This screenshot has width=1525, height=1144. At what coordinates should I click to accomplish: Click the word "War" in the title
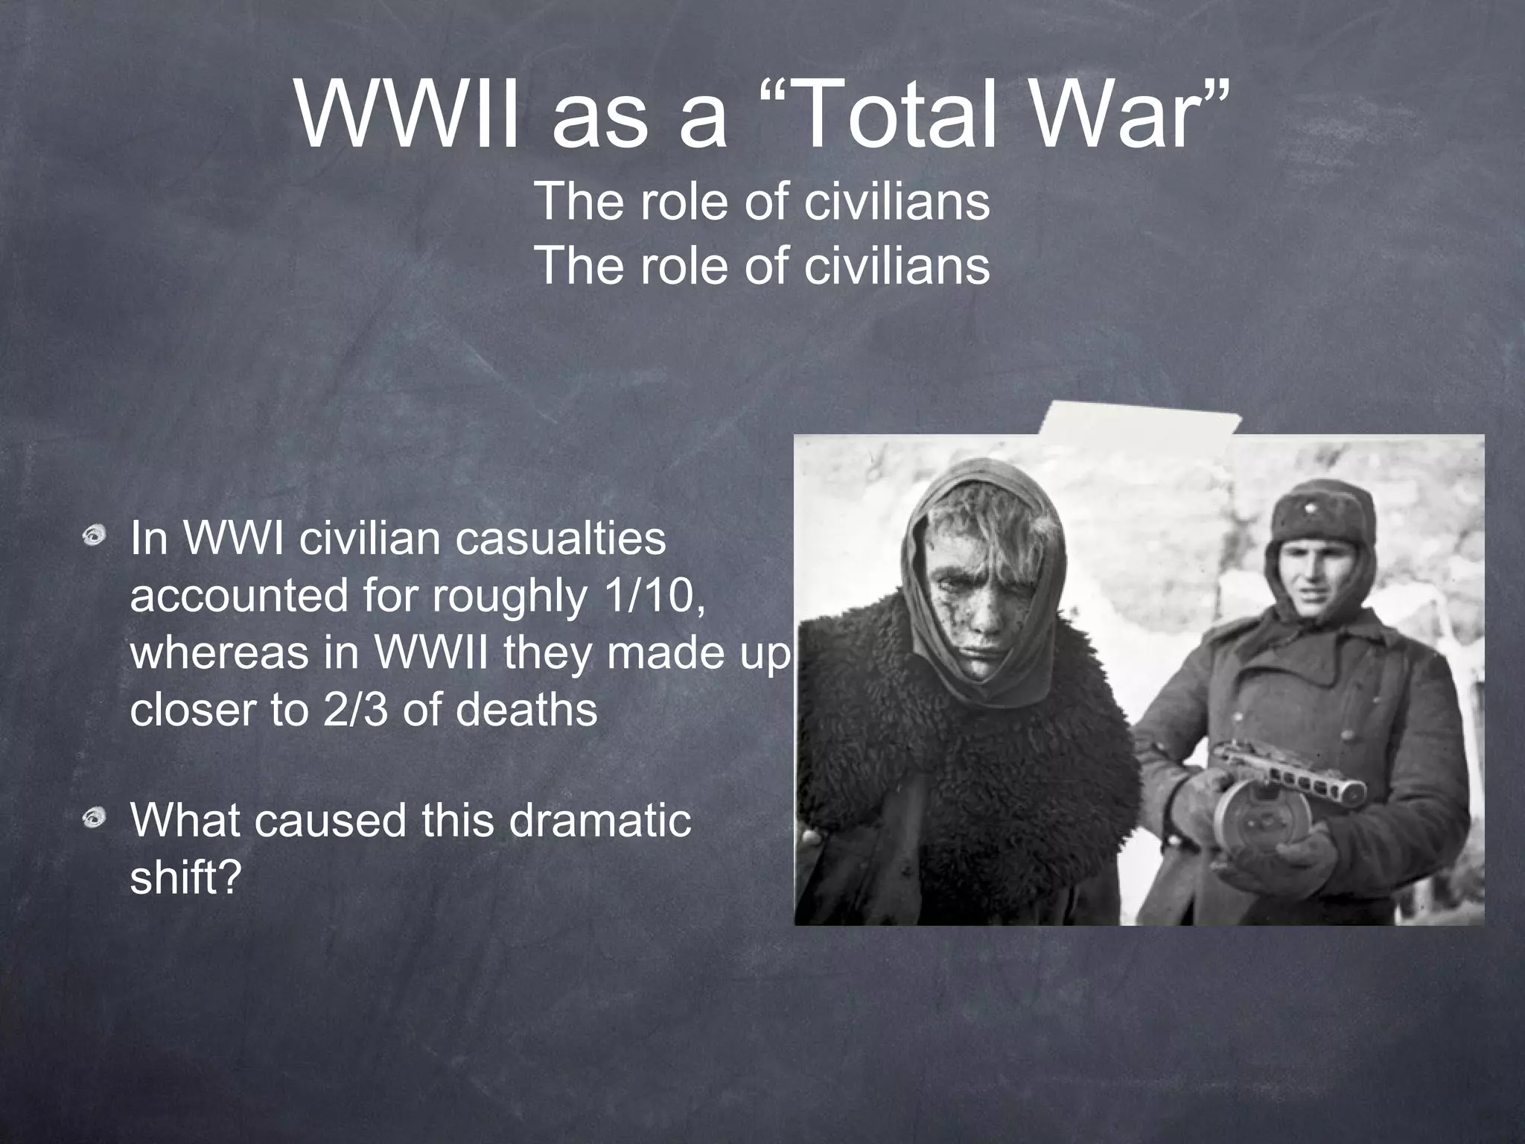click(x=1139, y=117)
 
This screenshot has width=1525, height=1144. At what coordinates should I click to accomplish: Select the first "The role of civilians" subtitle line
click(x=762, y=201)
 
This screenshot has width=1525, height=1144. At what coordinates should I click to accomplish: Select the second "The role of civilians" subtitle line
click(x=762, y=265)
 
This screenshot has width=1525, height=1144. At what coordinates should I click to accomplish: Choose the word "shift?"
click(x=186, y=878)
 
